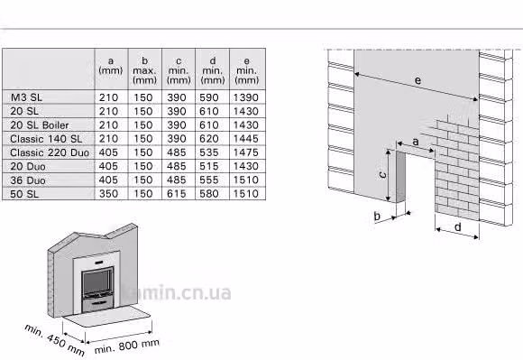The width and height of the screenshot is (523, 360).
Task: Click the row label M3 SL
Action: (x=26, y=97)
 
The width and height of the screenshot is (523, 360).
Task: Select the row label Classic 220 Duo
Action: (x=50, y=152)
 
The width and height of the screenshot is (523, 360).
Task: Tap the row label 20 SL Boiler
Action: (x=40, y=125)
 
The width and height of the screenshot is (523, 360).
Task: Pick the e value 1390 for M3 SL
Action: (x=246, y=97)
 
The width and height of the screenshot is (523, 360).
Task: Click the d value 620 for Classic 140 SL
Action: (x=209, y=139)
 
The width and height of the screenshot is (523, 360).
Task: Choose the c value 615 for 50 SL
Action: (x=177, y=193)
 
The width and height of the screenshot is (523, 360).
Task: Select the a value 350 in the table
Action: (x=108, y=193)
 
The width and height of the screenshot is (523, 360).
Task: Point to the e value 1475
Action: (x=246, y=152)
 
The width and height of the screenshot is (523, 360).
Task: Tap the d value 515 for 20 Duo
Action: (x=209, y=166)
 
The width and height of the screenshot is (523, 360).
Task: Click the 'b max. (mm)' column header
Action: (x=144, y=70)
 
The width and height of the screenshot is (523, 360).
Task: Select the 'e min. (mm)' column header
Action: (x=246, y=70)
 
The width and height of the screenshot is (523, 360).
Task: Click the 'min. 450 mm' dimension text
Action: (x=54, y=340)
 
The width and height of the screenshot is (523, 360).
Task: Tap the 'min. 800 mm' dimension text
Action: (x=127, y=346)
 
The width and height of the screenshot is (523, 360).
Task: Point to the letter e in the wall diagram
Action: (x=417, y=80)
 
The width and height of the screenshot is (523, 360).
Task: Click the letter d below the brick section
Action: (x=458, y=227)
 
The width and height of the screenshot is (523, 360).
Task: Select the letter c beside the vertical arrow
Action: (x=383, y=174)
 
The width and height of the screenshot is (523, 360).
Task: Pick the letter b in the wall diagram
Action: (x=377, y=217)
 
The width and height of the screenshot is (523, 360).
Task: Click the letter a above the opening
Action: (x=416, y=142)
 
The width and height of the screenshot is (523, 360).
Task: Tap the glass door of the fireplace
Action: (x=97, y=282)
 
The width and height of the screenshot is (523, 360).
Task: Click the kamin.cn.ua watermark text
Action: (x=176, y=292)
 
